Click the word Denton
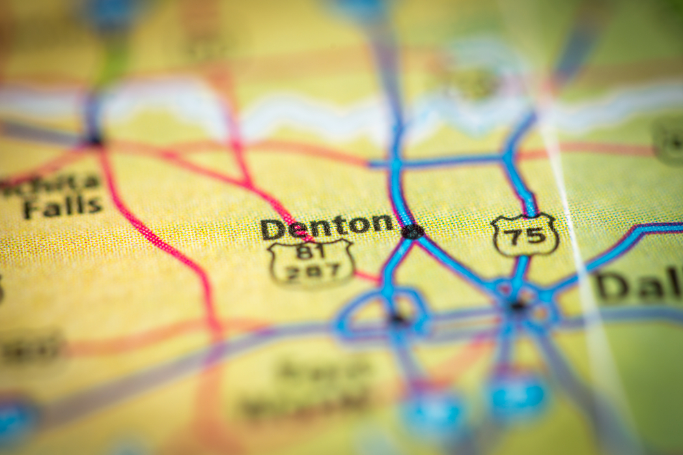(326, 225)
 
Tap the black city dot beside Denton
(412, 231)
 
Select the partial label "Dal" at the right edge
(639, 285)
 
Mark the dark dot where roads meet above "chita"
(94, 141)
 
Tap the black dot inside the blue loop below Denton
(396, 317)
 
